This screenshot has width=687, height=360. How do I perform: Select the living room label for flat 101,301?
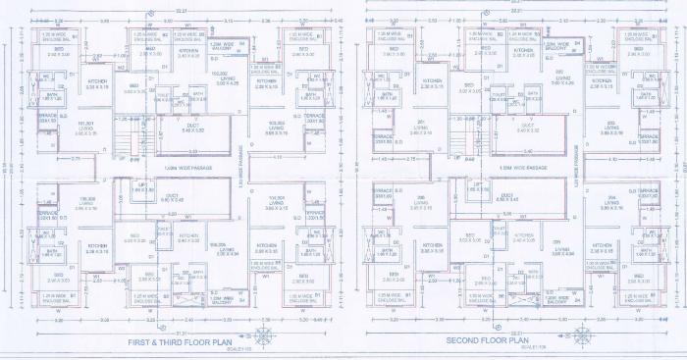point(71,127)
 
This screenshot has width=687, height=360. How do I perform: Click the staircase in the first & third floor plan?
point(126,131)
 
